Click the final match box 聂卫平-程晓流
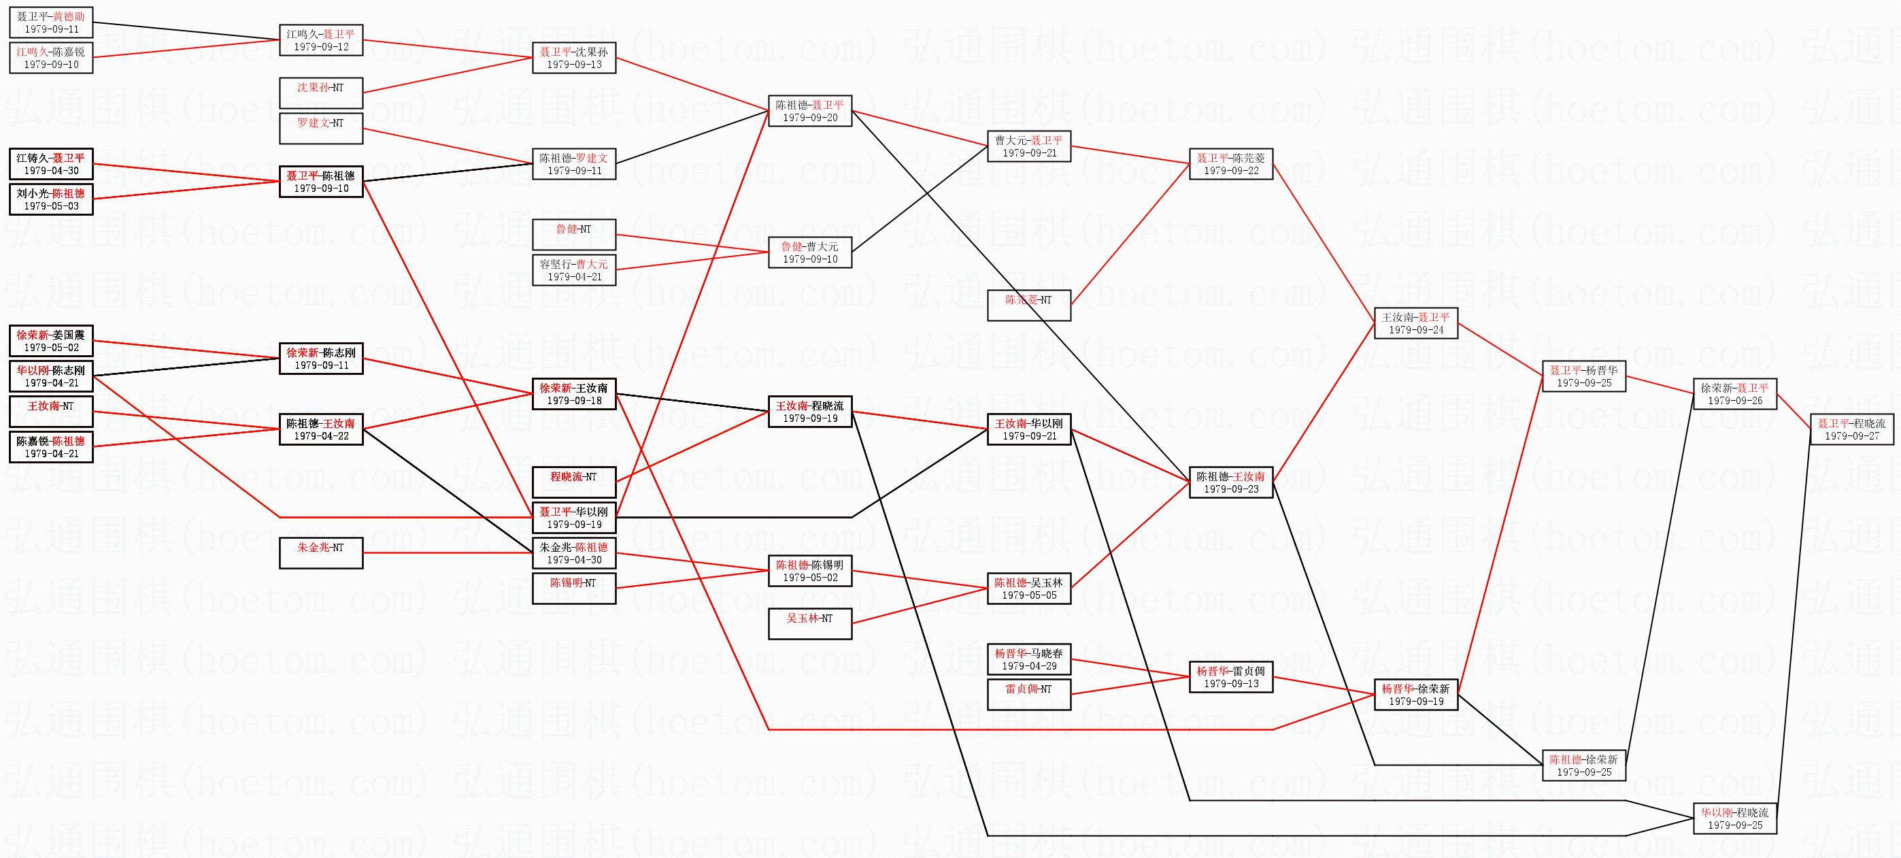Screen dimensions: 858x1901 (x=1851, y=429)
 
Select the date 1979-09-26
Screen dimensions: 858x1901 (x=1734, y=400)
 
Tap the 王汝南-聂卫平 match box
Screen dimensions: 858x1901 (x=1415, y=323)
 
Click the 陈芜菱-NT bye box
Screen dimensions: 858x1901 (x=1029, y=305)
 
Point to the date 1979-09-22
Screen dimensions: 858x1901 (x=1230, y=171)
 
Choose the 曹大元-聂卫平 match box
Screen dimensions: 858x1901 (x=1029, y=146)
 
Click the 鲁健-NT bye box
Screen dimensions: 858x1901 (x=573, y=234)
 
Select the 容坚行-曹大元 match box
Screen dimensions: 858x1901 (x=573, y=270)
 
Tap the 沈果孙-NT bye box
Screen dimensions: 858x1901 (x=320, y=93)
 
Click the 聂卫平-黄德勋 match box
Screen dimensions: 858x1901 (x=51, y=22)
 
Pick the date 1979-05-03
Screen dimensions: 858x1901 (x=51, y=206)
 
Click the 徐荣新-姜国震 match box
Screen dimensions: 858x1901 (x=51, y=341)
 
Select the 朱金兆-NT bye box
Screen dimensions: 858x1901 (x=320, y=553)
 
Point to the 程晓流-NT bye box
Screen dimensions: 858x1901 (x=573, y=482)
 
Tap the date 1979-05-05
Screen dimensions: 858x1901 (x=1029, y=595)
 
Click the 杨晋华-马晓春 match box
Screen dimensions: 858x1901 (x=1029, y=659)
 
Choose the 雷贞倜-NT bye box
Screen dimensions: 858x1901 (x=1029, y=694)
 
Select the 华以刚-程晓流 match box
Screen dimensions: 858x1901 (x=1734, y=818)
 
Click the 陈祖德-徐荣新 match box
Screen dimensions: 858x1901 (x=1583, y=765)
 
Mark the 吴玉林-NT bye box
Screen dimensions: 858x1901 (x=809, y=623)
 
